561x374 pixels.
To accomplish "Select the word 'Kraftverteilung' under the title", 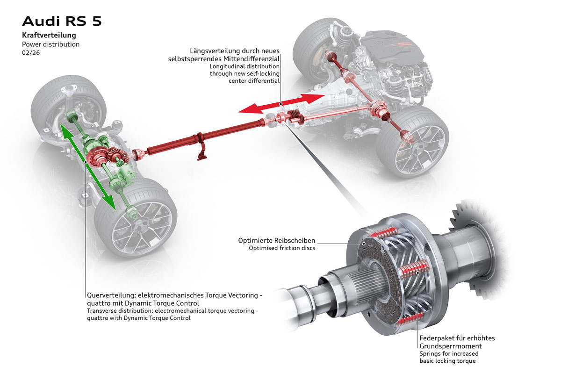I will pos(49,35).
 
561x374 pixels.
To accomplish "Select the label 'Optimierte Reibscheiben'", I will pos(277,240).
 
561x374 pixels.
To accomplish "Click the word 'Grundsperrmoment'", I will pos(450,346).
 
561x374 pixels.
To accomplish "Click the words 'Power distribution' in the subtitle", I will pos(51,44).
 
